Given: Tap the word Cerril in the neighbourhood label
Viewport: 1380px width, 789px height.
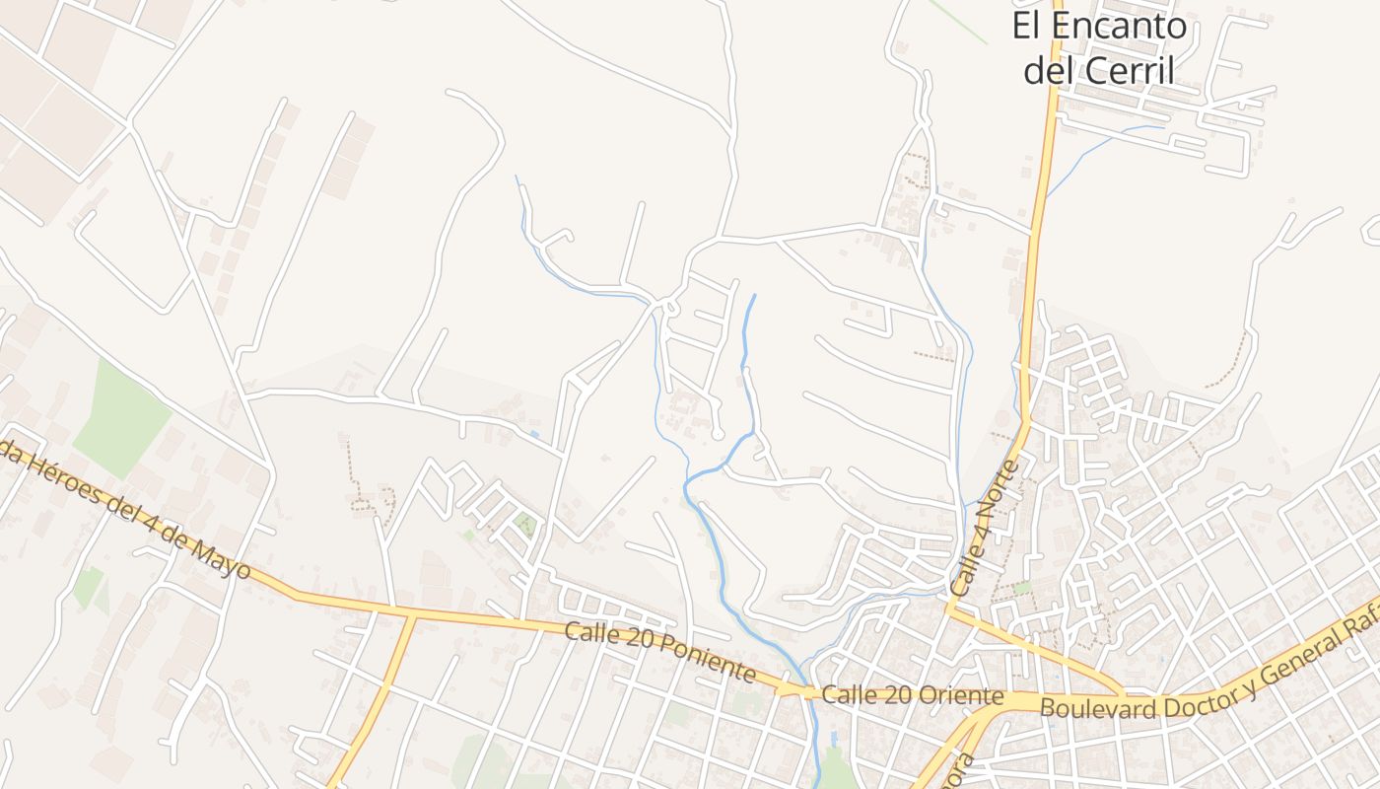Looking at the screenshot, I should coord(1137,70).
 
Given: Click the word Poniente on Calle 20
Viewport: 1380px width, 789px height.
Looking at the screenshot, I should coord(706,656).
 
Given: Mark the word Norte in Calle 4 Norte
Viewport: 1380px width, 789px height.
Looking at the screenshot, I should coord(1003,499).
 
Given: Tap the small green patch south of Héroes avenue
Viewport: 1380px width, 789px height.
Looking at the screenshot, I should coord(88,588).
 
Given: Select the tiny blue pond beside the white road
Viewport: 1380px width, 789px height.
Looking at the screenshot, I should coord(533,433).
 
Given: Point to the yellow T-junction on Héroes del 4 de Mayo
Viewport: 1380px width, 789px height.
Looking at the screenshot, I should coord(410,617).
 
